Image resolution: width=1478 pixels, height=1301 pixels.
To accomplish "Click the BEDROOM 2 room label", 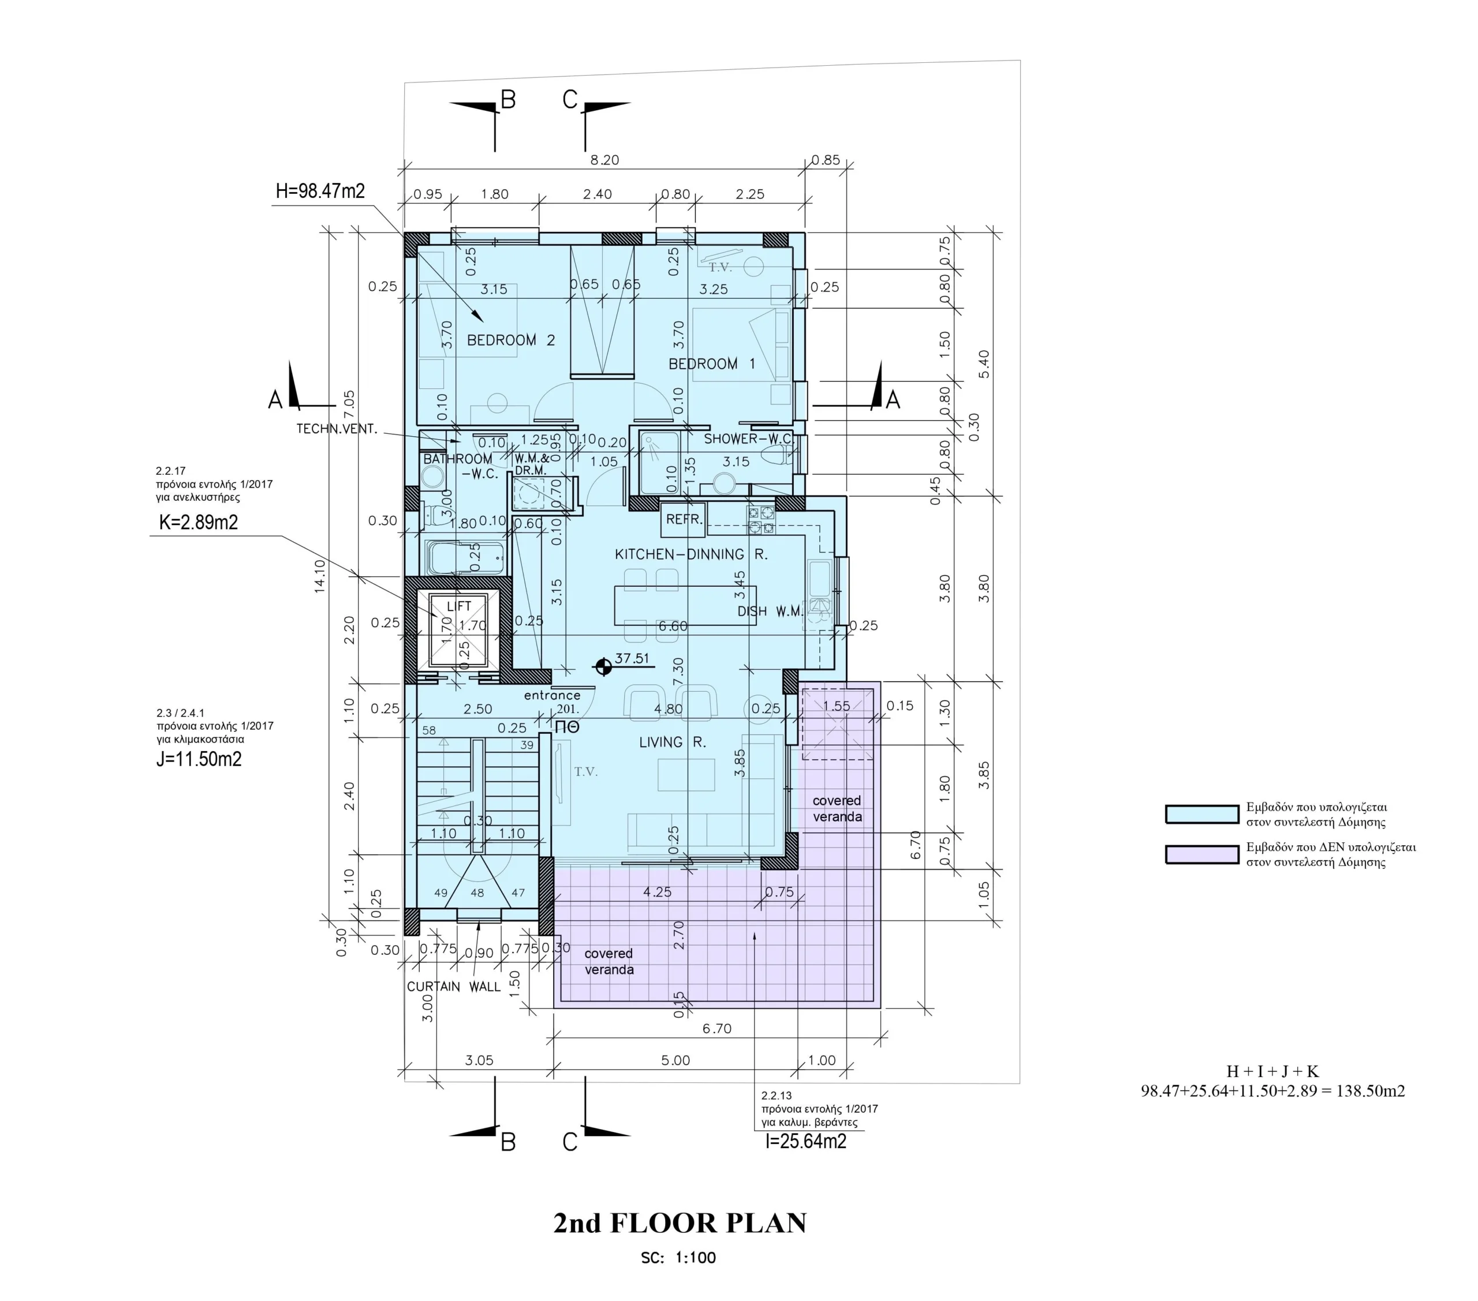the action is [x=510, y=340].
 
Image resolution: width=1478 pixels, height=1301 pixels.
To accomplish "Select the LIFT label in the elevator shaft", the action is [x=459, y=606].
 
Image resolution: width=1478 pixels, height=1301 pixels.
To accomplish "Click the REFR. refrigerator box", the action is [x=684, y=520].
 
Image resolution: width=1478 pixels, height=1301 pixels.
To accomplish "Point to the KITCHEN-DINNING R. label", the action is [x=691, y=554].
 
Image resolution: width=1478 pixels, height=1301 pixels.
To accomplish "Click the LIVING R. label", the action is [x=672, y=743].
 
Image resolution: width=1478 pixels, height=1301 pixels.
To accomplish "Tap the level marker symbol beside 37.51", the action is [x=603, y=666].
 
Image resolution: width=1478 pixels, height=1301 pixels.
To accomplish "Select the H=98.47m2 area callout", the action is [x=320, y=191].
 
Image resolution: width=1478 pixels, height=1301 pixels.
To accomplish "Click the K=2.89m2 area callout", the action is [x=199, y=522].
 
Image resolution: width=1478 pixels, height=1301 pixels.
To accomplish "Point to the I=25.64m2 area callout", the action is [x=805, y=1141].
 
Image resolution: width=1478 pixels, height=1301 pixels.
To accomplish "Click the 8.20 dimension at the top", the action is [x=604, y=160].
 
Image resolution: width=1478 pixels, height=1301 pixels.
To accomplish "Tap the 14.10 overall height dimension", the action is [x=320, y=576].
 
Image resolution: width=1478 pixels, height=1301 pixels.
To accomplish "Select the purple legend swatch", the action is [x=1202, y=854].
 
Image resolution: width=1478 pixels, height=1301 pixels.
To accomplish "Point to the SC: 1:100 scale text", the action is [x=678, y=1258].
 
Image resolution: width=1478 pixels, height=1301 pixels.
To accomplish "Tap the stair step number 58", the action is [x=429, y=730].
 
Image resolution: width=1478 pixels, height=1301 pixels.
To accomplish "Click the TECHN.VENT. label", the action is [x=337, y=429].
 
